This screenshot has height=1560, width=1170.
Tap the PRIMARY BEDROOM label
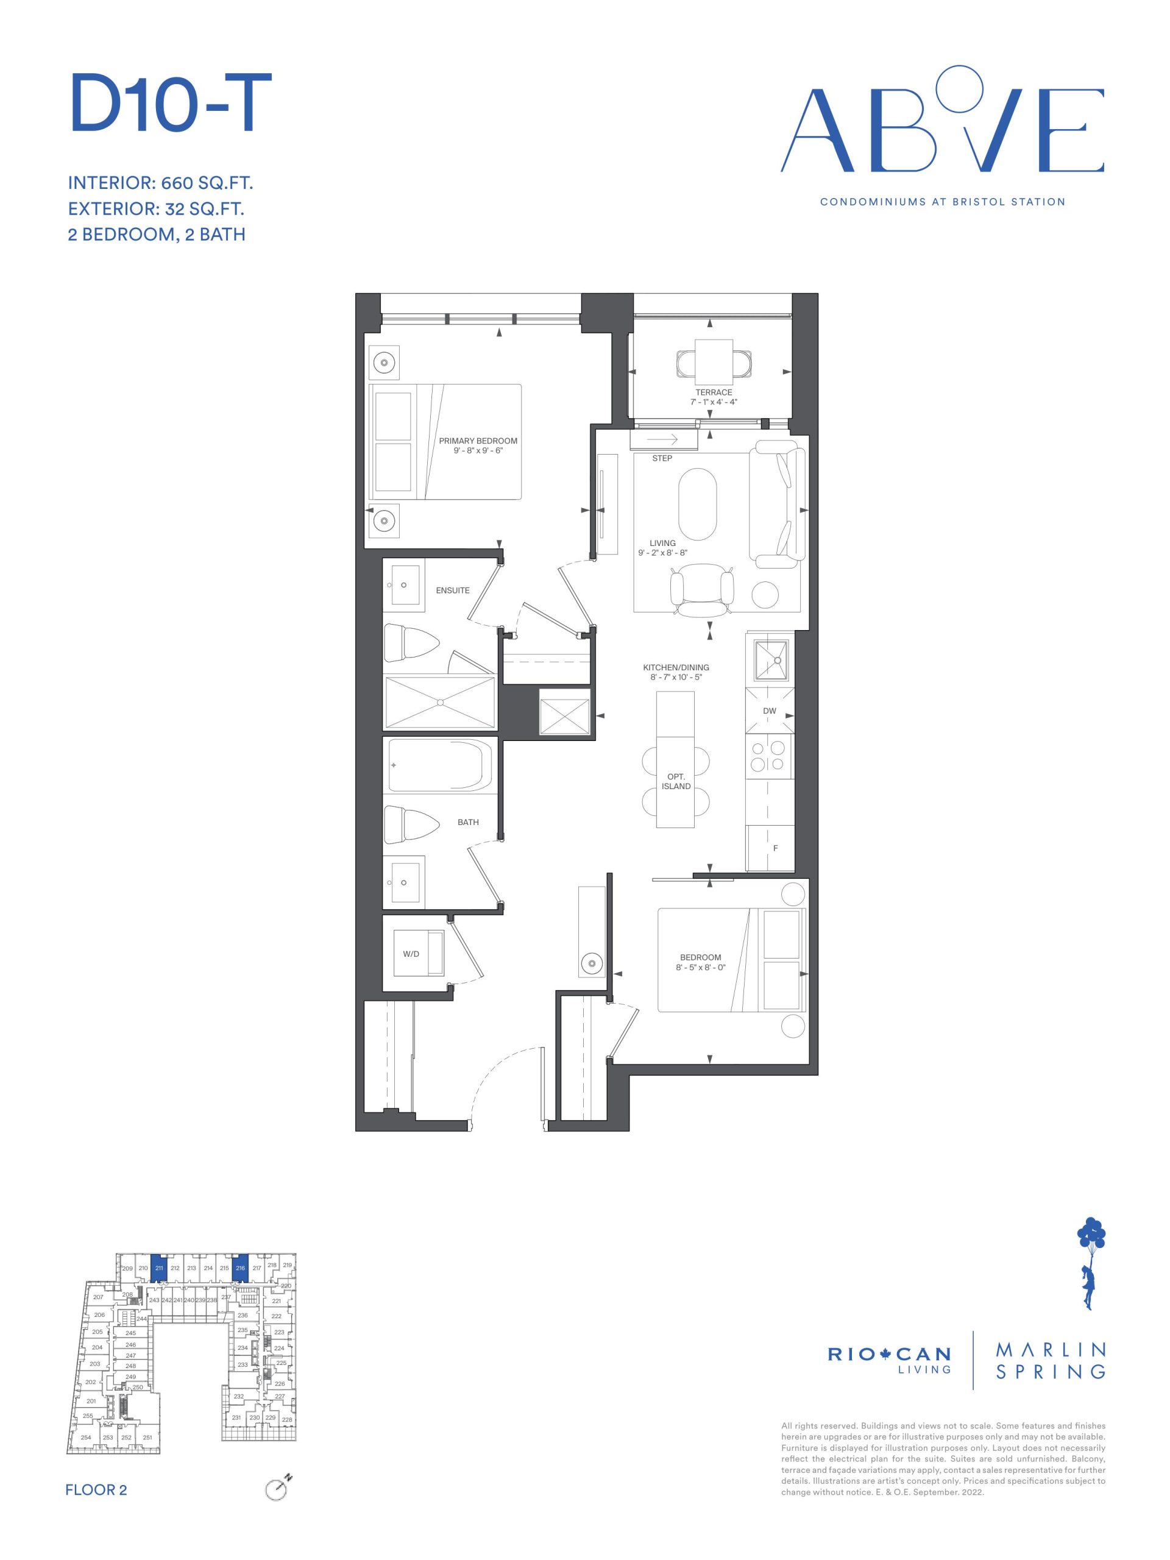tap(478, 441)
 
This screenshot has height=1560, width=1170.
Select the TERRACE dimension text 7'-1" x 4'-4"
tap(713, 402)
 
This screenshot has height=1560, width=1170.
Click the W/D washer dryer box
tap(418, 954)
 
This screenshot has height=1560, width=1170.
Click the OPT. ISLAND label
tap(676, 781)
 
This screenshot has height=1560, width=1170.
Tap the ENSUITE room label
tap(452, 590)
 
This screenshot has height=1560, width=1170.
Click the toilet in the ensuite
tap(411, 642)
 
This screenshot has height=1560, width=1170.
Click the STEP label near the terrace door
tap(662, 458)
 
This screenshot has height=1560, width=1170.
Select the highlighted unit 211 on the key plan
tap(158, 1269)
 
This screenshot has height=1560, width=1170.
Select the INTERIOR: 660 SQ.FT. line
tap(160, 183)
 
